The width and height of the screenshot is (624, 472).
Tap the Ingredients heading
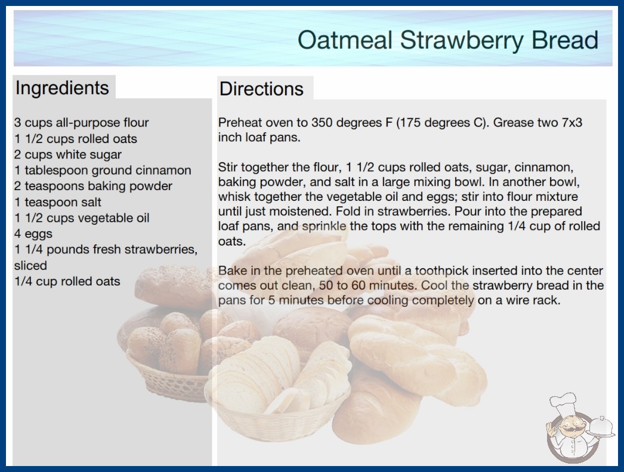[62, 88]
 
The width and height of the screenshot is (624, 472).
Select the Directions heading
[261, 89]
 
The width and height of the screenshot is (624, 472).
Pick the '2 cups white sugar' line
[67, 154]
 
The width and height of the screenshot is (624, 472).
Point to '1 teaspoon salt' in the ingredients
[58, 202]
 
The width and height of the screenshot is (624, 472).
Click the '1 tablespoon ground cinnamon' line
[103, 170]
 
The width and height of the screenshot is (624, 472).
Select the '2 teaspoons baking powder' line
[93, 186]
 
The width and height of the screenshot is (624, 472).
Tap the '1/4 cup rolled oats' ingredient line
[67, 281]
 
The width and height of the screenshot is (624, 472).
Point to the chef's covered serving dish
[602, 427]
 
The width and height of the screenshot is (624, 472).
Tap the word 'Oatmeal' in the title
[345, 41]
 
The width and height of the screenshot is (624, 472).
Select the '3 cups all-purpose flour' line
[81, 123]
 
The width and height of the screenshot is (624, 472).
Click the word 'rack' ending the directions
[548, 300]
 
